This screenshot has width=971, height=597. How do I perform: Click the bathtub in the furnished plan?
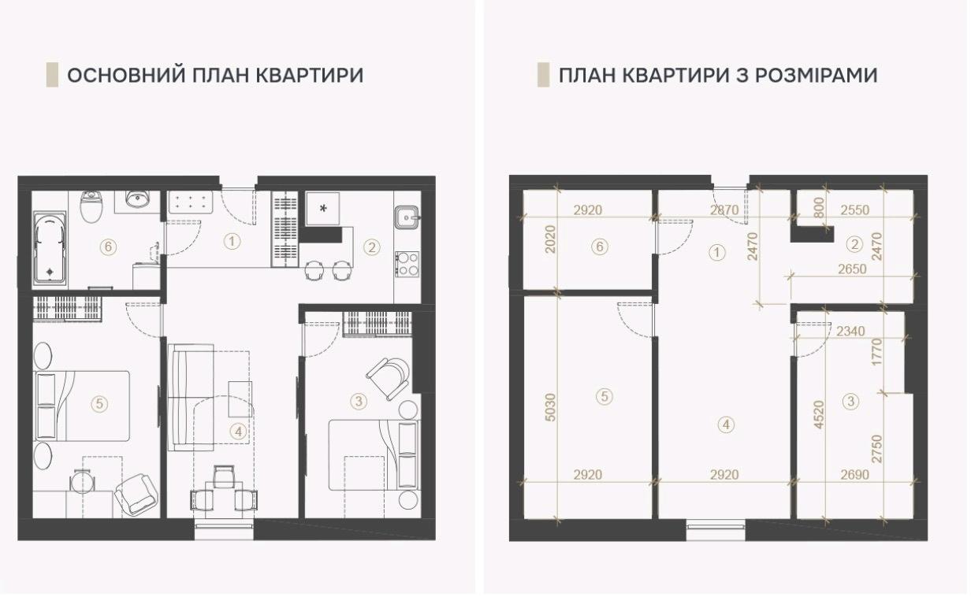50,248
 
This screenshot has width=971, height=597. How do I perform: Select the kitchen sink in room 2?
407,217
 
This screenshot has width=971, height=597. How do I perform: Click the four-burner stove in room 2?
407,265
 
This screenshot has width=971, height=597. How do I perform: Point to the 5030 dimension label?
550,407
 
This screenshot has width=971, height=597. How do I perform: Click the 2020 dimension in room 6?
550,239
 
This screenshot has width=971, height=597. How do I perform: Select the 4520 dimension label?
819,414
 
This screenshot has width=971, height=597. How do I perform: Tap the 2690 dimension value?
855,475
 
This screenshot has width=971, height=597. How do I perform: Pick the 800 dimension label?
818,208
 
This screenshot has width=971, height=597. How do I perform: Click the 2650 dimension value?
852,269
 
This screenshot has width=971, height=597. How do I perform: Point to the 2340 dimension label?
850,332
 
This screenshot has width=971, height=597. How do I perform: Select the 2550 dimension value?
855,210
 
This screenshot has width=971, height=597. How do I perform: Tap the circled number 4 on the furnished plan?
238,432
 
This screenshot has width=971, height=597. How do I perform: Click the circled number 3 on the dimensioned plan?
850,401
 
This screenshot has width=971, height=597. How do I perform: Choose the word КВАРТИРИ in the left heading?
310,76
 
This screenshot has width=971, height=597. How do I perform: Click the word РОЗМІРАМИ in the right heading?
817,76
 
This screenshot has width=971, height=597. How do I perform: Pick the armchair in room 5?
135,494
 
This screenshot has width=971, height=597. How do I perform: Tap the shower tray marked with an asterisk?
322,209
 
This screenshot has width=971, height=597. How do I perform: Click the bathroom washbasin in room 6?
137,200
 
